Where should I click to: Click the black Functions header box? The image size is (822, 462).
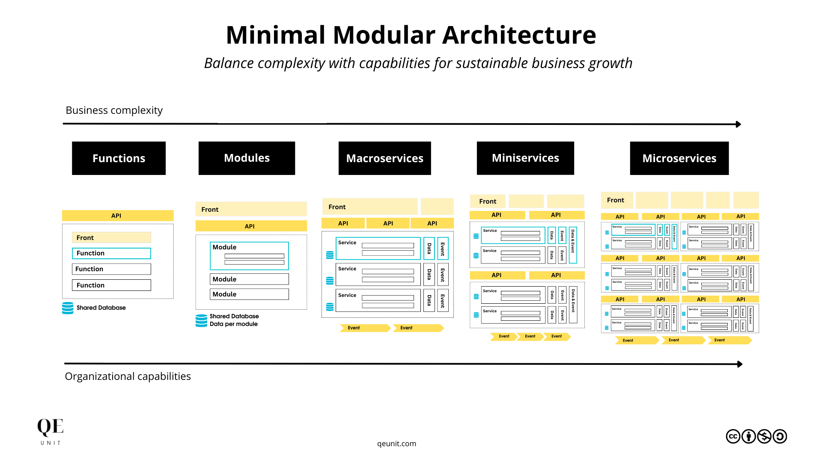pyautogui.click(x=119, y=158)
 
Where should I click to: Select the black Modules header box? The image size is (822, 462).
pyautogui.click(x=247, y=158)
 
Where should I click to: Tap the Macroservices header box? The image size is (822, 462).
pyautogui.click(x=384, y=158)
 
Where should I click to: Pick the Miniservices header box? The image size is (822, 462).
pyautogui.click(x=525, y=158)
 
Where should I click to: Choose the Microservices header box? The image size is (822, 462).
pyautogui.click(x=679, y=158)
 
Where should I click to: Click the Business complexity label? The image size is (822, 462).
pyautogui.click(x=114, y=110)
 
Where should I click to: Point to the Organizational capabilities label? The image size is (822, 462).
pyautogui.click(x=128, y=376)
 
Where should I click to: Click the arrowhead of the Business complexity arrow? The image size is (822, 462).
pyautogui.click(x=738, y=124)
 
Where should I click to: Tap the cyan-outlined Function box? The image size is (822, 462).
pyautogui.click(x=111, y=253)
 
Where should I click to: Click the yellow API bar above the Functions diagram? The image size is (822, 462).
pyautogui.click(x=118, y=216)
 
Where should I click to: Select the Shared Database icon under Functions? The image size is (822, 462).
pyautogui.click(x=68, y=308)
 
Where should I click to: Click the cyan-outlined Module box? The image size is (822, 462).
pyautogui.click(x=249, y=256)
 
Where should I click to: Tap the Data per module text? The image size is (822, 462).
pyautogui.click(x=233, y=324)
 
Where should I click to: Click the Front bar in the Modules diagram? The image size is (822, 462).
pyautogui.click(x=251, y=209)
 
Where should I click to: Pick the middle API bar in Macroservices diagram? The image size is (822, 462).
pyautogui.click(x=388, y=223)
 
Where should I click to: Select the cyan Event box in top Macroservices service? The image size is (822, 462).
pyautogui.click(x=443, y=249)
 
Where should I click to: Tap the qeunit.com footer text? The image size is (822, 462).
pyautogui.click(x=396, y=444)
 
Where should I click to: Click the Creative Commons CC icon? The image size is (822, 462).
pyautogui.click(x=733, y=436)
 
